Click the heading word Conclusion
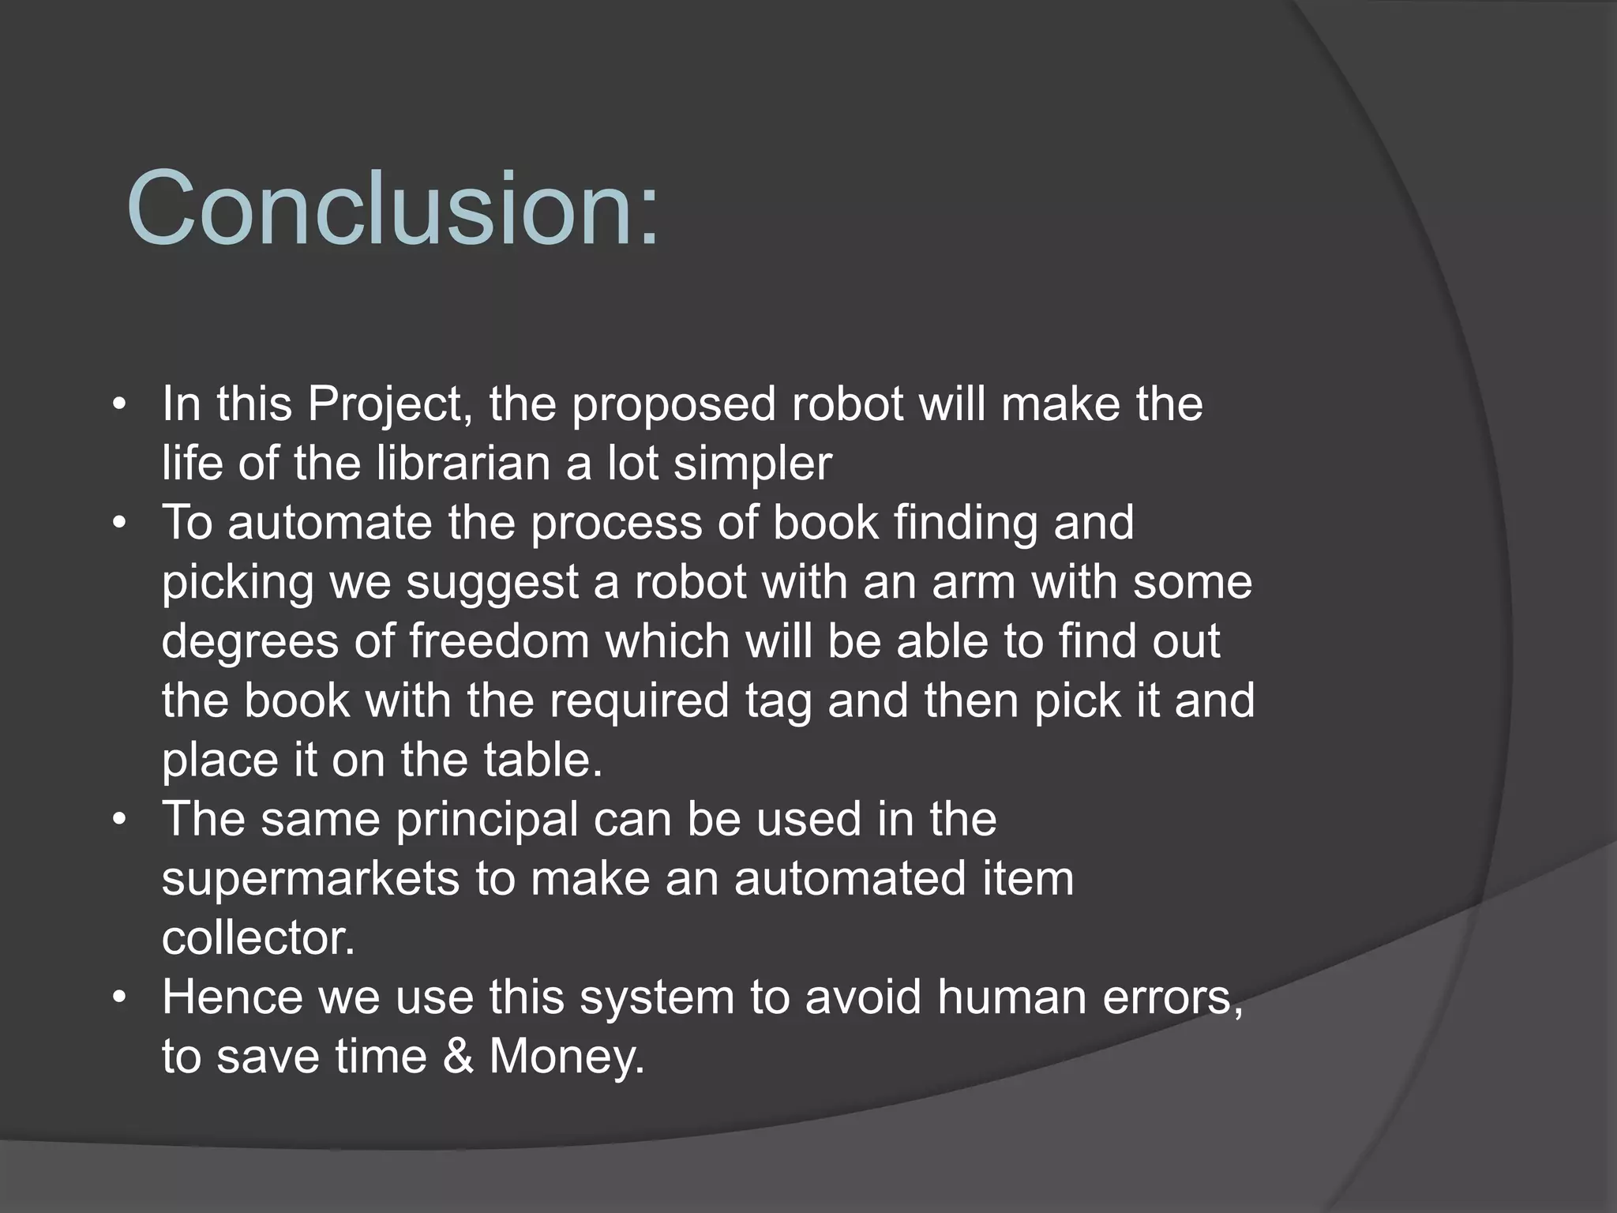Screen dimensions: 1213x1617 click(x=392, y=209)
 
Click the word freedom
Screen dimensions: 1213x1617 click(x=499, y=641)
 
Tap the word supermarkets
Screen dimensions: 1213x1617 click(x=310, y=878)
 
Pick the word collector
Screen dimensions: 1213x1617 click(x=258, y=938)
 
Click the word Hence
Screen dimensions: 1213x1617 click(x=232, y=997)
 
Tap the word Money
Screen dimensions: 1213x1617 click(x=567, y=1057)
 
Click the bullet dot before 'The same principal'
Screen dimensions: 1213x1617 click(x=119, y=820)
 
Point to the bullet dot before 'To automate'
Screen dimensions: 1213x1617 click(x=119, y=524)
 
